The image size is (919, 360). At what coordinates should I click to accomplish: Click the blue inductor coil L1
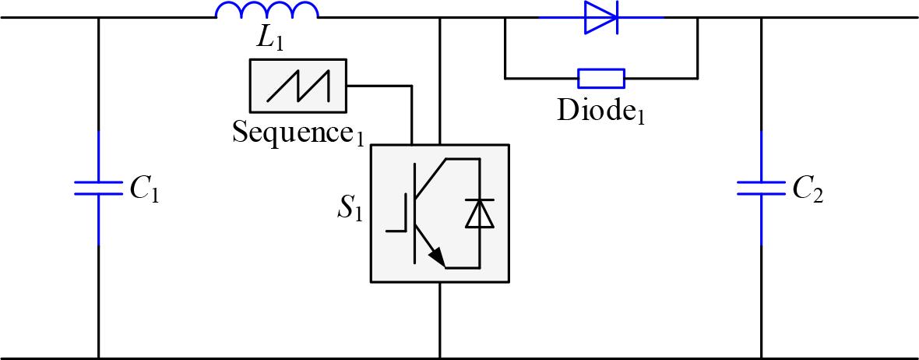pos(266,11)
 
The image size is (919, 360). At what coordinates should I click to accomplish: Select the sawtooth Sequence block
pos(298,86)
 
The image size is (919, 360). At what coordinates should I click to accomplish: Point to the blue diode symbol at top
pos(601,17)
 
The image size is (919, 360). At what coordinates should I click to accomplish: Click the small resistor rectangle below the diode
pos(600,78)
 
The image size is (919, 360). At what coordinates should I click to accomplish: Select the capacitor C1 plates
pos(99,189)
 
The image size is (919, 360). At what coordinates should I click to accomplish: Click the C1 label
pos(145,189)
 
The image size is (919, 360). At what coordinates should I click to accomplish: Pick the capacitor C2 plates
pos(761,189)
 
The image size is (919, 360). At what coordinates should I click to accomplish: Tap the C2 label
pos(808,189)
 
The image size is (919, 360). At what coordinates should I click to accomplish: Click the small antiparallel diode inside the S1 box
pos(479,214)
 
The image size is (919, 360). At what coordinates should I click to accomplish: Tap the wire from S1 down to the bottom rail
pos(440,319)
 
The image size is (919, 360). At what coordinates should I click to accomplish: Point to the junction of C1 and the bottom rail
pos(99,358)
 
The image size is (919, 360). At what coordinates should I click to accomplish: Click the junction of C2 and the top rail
pos(761,17)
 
